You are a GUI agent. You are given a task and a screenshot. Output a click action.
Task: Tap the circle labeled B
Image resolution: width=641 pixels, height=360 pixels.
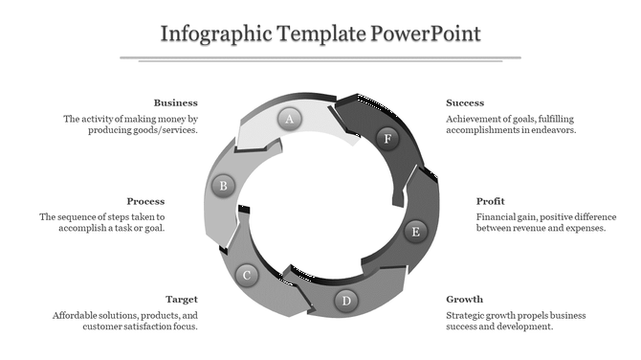click(223, 186)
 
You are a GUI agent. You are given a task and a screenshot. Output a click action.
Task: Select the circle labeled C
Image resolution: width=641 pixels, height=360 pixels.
click(246, 276)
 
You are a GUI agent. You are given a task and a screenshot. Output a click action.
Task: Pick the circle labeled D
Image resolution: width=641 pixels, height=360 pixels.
click(347, 302)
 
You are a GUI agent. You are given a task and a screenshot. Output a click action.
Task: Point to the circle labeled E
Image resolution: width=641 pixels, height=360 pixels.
click(415, 231)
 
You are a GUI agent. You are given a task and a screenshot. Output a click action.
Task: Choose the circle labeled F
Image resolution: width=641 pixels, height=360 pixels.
click(387, 139)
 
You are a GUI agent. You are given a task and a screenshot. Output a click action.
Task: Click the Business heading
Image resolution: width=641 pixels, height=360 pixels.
click(175, 102)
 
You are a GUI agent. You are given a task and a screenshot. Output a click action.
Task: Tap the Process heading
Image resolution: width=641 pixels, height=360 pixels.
click(145, 201)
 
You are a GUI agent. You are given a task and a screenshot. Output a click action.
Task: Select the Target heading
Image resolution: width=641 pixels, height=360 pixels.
click(181, 300)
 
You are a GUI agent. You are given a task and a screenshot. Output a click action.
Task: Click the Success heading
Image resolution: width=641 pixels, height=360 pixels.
click(465, 102)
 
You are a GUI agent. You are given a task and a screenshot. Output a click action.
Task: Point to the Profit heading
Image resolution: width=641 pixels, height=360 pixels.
click(491, 201)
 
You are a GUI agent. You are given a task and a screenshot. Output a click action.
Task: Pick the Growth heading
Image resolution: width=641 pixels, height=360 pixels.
click(464, 300)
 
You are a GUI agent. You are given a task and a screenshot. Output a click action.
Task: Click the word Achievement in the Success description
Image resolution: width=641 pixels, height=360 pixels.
click(475, 119)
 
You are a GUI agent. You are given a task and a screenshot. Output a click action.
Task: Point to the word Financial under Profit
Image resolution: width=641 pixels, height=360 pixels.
click(498, 217)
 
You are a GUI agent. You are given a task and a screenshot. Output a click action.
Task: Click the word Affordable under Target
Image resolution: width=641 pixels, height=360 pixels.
click(77, 315)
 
